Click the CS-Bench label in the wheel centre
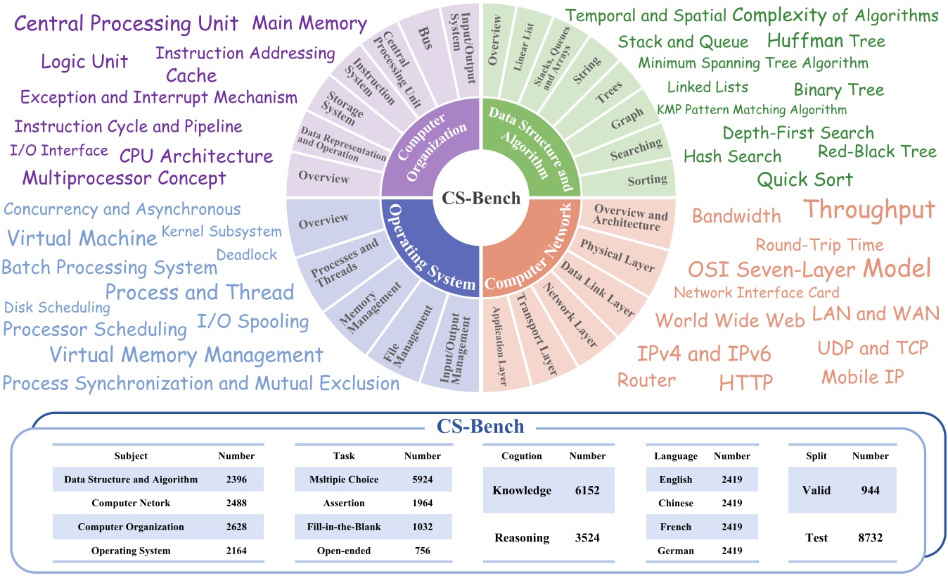tap(481, 199)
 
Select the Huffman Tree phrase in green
tap(826, 40)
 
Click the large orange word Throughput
tap(869, 209)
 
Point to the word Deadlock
tap(247, 255)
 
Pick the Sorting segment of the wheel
tap(647, 180)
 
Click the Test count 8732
tap(870, 537)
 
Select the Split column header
tap(815, 456)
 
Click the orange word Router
tap(646, 380)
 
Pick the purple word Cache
tap(191, 75)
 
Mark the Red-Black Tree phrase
tap(877, 151)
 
